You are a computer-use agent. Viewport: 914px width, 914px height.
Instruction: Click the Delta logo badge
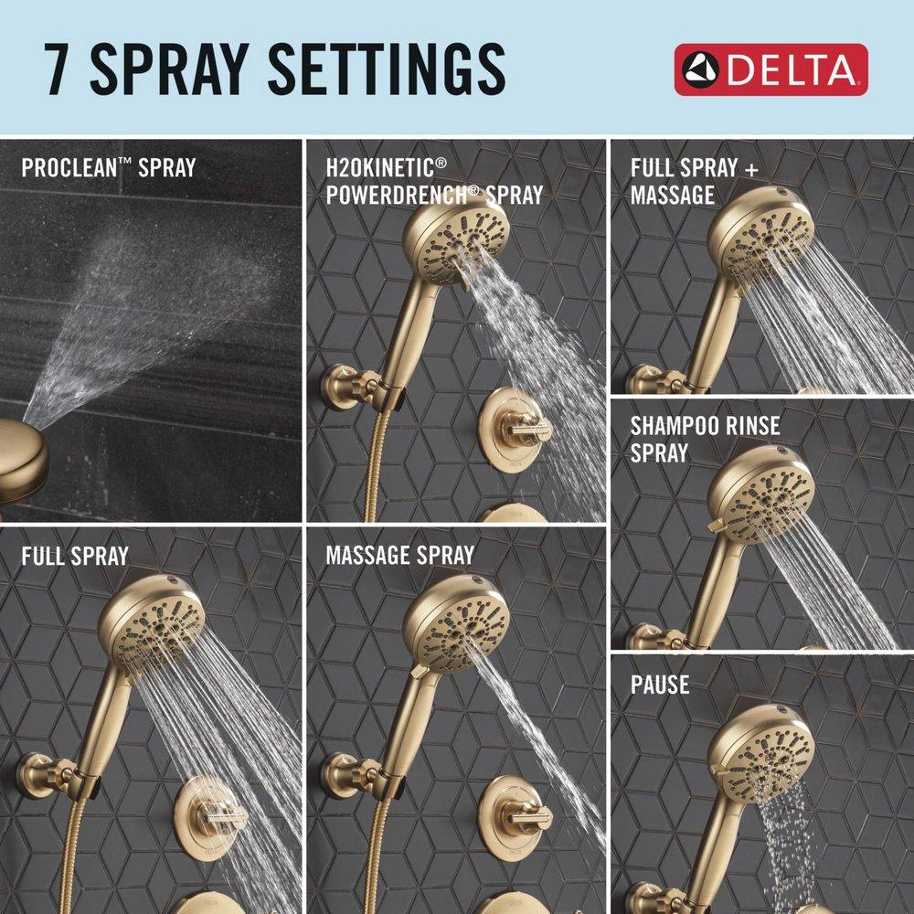point(771,69)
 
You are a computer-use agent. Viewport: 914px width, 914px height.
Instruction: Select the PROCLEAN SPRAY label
point(108,168)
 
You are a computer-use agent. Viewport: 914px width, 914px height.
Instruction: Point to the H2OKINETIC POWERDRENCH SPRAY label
point(433,181)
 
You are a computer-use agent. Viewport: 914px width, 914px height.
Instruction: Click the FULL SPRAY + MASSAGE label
point(694,181)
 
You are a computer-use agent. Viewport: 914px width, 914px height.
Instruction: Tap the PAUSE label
point(659,684)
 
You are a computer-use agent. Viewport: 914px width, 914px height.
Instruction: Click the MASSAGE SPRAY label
point(399,555)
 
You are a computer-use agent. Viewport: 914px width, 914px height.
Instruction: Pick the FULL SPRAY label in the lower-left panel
point(75,555)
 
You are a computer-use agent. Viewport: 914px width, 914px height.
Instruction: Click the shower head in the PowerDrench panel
point(455,237)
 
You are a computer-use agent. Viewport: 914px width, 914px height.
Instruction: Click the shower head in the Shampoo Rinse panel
point(760,494)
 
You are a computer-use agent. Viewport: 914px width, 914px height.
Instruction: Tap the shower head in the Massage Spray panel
point(455,622)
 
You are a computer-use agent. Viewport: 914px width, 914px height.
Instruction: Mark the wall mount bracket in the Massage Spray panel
point(346,774)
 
